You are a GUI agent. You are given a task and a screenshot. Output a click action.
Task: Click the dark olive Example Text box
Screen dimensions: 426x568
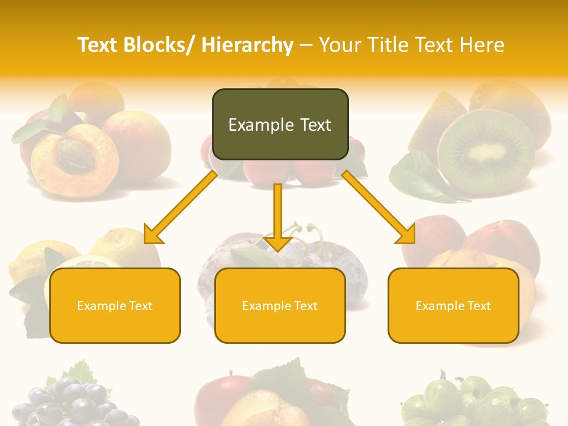pos(280,124)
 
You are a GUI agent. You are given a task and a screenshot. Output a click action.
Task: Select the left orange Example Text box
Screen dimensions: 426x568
pos(115,305)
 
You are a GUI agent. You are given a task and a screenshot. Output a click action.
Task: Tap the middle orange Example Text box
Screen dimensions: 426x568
pos(280,305)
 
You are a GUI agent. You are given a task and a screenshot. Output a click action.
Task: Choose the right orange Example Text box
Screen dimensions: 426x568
pos(453,305)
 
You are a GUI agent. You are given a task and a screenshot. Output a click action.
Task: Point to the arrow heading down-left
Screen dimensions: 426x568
pos(181,208)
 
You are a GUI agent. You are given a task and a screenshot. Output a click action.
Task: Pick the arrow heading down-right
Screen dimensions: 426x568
pos(379,208)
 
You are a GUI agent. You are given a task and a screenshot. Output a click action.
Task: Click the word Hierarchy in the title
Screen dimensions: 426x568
pos(247,45)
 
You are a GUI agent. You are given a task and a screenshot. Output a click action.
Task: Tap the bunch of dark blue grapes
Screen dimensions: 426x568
pos(74,402)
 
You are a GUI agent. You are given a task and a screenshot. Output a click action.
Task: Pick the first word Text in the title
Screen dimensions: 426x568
pos(98,45)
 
